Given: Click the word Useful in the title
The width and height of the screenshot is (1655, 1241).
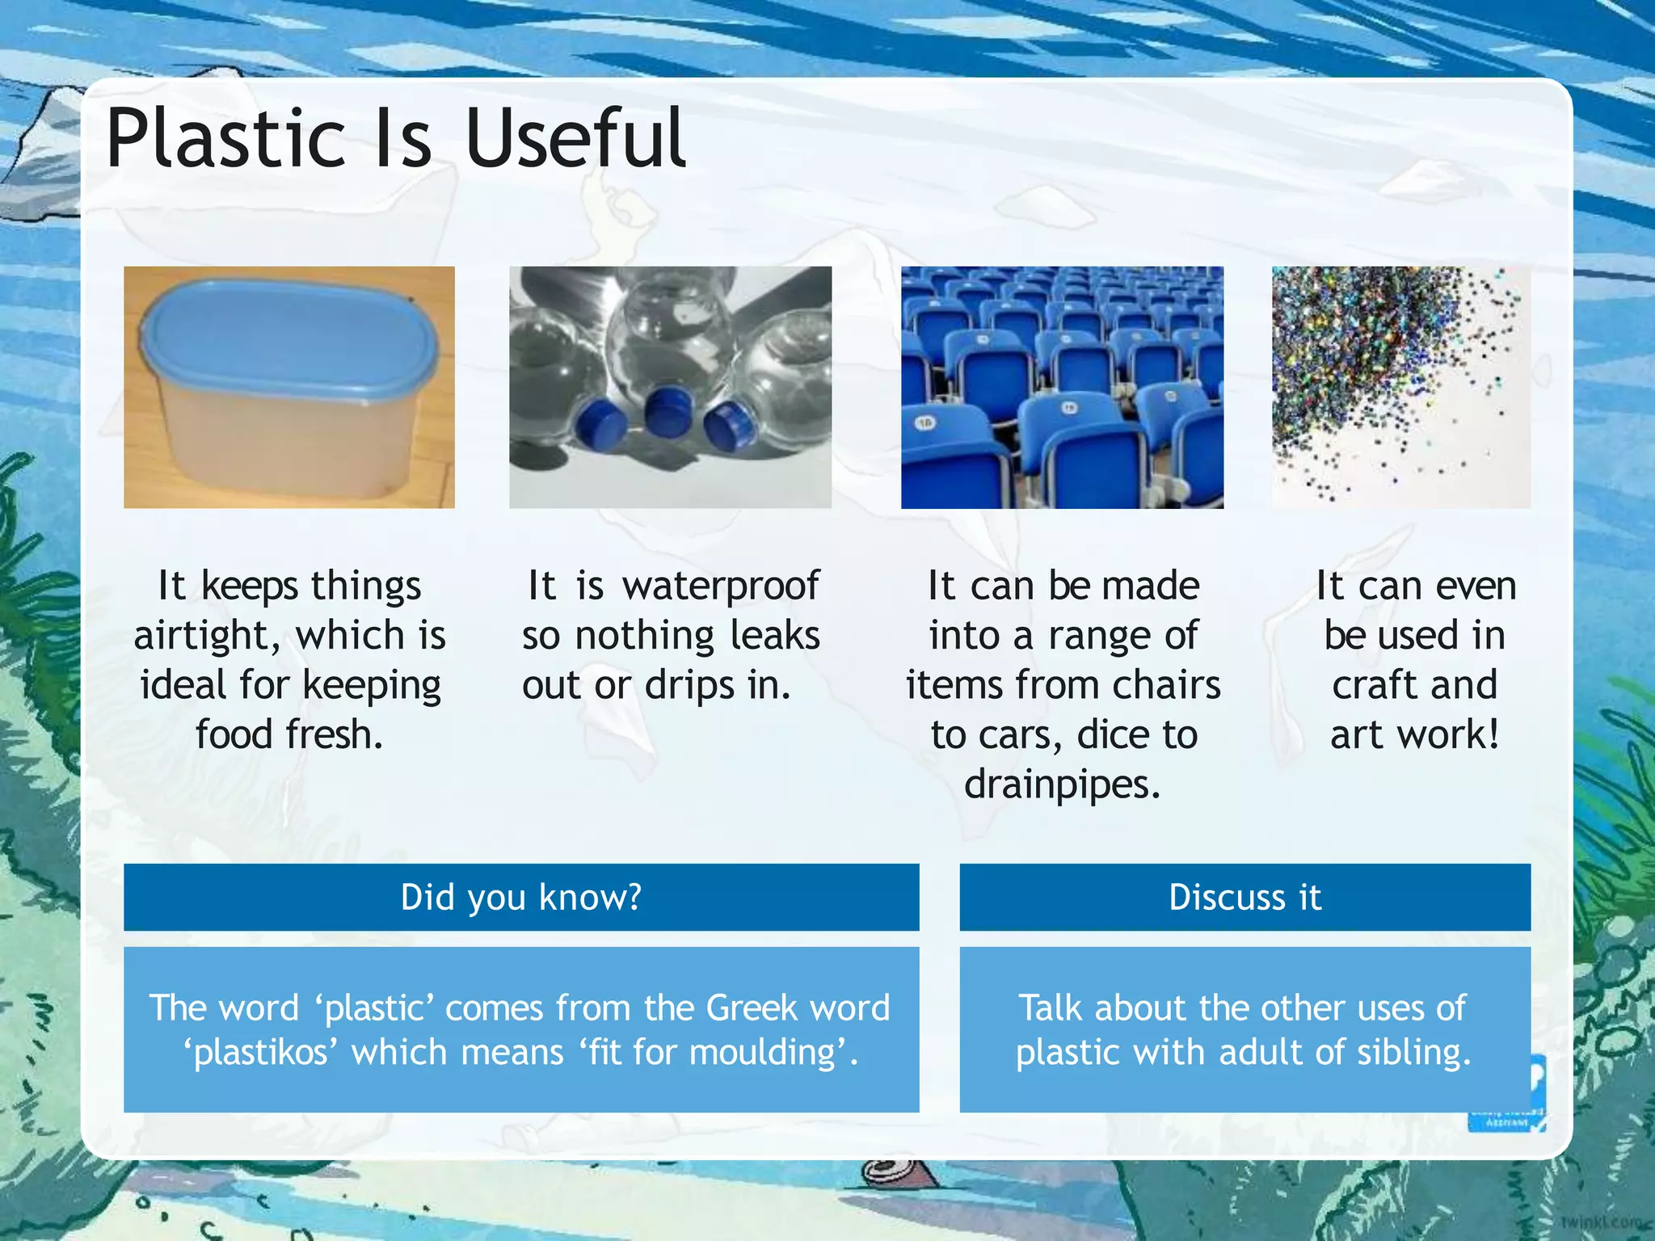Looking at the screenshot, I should tap(575, 139).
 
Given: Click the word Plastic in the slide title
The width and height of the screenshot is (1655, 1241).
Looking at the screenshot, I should tap(229, 139).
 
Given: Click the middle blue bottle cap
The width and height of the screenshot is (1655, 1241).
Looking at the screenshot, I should tap(667, 410).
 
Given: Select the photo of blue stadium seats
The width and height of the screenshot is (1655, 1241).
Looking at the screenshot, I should tap(1062, 387).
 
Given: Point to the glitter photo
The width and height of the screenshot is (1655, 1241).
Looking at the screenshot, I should tap(1400, 387).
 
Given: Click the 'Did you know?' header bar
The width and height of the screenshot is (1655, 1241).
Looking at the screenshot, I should tap(521, 897).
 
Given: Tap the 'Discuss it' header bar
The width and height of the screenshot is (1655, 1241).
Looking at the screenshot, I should tap(1244, 897).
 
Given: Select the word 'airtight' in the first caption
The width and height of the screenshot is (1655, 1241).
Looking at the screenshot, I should tap(207, 636).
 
